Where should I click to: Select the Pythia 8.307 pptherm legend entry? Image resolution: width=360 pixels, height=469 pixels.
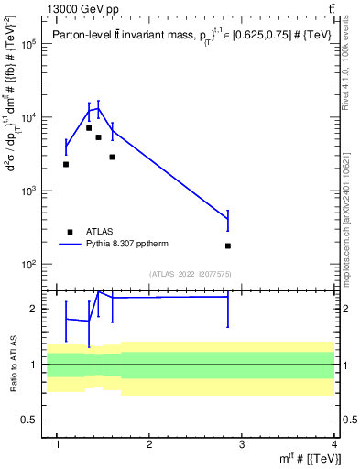[x=128, y=245]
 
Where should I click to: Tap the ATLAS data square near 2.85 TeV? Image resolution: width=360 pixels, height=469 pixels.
[x=228, y=245]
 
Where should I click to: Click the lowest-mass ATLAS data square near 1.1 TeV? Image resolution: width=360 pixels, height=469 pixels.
[x=66, y=164]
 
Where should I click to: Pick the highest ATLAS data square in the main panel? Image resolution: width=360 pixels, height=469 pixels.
[x=89, y=128]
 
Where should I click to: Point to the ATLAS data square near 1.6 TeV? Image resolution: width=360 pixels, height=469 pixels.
[x=112, y=157]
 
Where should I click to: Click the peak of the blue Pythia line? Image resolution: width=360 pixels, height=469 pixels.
[x=98, y=108]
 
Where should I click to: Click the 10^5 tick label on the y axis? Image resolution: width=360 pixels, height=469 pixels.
[x=27, y=44]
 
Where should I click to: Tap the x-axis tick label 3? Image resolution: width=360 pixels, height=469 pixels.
[x=242, y=445]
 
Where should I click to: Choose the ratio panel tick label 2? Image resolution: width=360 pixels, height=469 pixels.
[x=34, y=309]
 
